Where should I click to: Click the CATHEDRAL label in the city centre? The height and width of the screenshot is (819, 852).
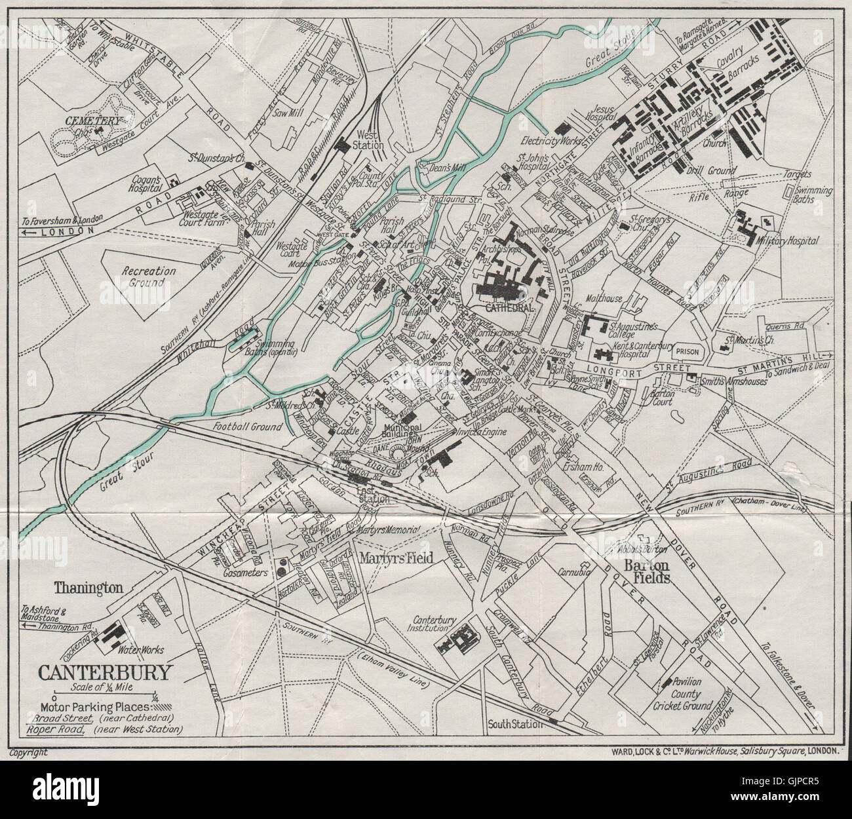click(510, 307)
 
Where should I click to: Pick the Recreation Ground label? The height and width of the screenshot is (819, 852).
click(147, 276)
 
